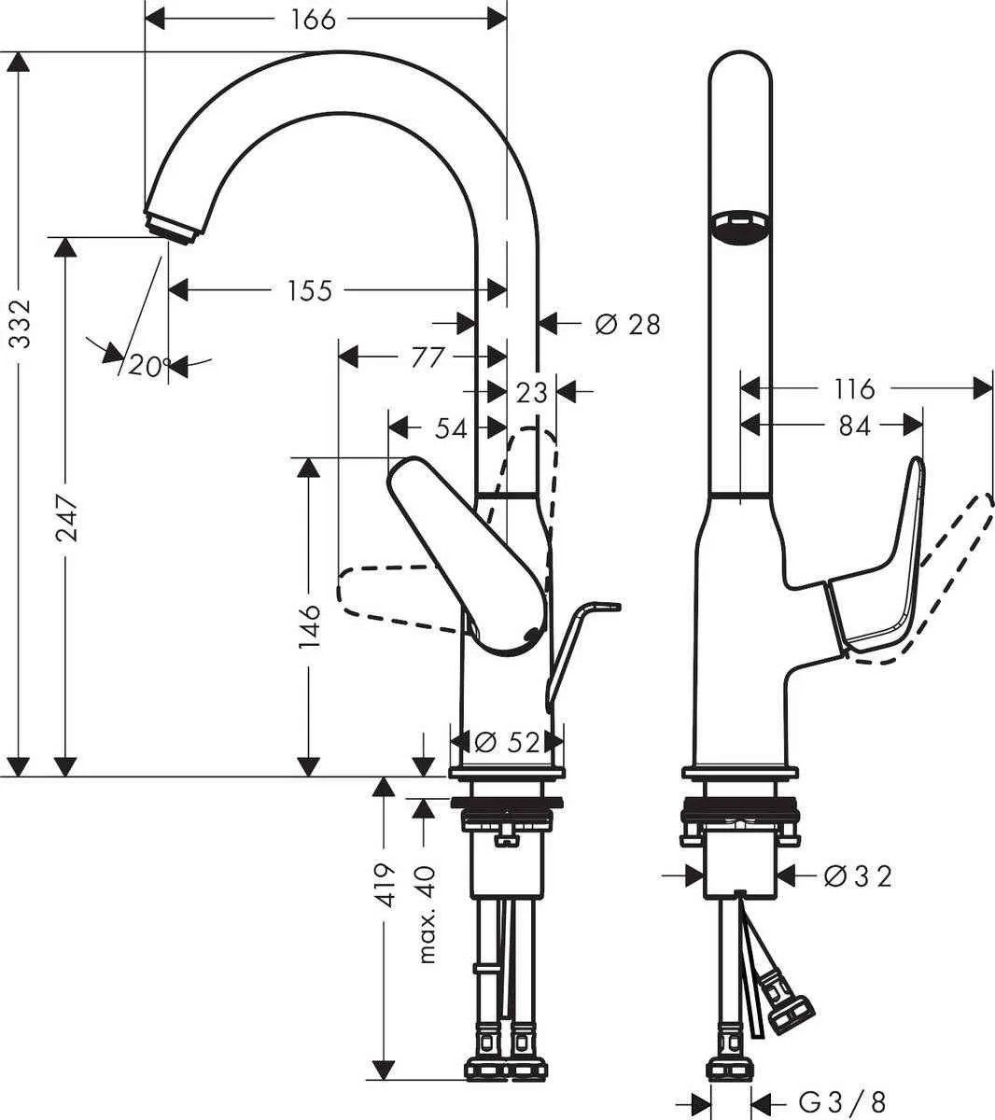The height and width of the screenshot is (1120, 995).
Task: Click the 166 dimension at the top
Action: [313, 18]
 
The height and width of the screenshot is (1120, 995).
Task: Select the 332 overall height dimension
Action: [21, 324]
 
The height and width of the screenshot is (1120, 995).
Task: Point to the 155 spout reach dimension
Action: [310, 290]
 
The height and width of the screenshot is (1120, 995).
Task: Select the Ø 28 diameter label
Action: [627, 324]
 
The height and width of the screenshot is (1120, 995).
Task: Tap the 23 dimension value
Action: [531, 392]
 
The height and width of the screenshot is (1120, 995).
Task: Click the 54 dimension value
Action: [451, 427]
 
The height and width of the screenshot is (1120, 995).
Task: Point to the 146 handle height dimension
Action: [310, 624]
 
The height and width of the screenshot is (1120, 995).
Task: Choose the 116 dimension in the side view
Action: [854, 388]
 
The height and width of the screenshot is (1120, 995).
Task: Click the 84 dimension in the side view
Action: [853, 426]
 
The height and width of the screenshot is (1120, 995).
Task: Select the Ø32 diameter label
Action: [859, 875]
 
